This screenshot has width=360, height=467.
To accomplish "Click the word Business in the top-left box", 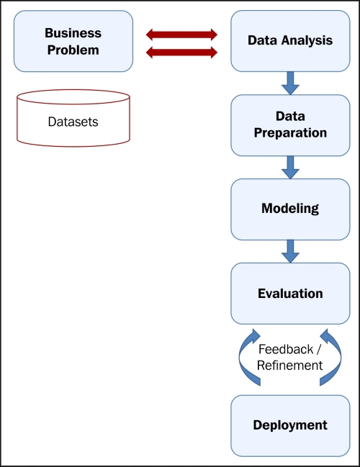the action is click(73, 33).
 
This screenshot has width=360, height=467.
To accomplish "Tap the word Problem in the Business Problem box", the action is click(73, 50).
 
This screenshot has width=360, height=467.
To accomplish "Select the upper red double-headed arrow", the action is click(181, 35).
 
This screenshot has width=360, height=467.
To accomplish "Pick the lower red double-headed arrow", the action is click(181, 53).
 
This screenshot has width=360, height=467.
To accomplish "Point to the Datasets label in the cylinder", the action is click(73, 122).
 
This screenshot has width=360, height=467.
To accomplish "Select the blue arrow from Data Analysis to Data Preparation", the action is click(290, 83).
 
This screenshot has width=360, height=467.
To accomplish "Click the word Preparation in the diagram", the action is click(290, 133).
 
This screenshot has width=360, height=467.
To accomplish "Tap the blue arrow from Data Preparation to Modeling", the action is click(290, 168).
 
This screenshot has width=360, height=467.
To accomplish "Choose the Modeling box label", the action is click(290, 209).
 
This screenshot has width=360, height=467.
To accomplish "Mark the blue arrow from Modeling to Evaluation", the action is click(290, 251).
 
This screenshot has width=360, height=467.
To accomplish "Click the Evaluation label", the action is click(290, 294).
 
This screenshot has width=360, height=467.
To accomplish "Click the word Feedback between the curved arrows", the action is click(286, 350).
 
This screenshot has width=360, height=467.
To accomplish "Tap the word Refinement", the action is click(290, 366).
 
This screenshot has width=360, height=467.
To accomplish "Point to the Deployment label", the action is click(290, 425).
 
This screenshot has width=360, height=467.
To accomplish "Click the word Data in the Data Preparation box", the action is click(290, 116).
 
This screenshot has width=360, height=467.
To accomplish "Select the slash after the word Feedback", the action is click(318, 350).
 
